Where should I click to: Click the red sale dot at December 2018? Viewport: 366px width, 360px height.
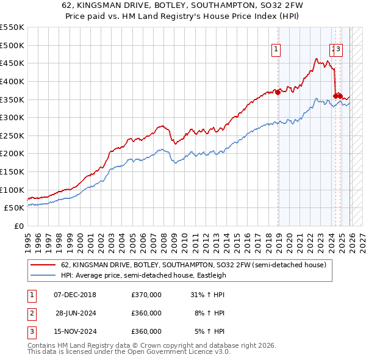pos(278,92)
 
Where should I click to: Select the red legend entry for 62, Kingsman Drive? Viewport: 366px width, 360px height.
pos(194,265)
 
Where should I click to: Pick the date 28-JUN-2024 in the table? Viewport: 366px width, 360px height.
pos(75,313)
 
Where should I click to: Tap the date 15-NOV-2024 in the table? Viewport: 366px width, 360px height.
pos(75,331)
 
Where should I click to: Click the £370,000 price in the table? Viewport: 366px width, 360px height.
pos(146,295)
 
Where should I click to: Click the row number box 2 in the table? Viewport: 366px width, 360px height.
pos(31,313)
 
